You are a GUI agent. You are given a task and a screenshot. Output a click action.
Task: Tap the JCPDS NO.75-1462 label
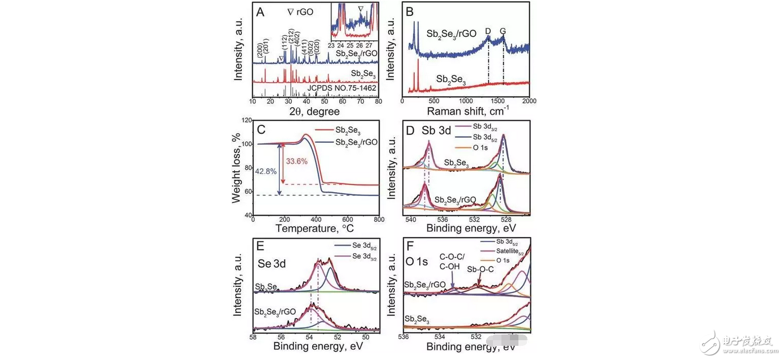[x=341, y=88]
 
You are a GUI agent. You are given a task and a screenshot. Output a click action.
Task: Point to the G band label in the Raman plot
[x=503, y=33]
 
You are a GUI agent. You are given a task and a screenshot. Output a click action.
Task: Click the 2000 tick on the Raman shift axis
[x=529, y=101]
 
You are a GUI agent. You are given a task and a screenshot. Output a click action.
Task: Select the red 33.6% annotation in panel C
[x=297, y=161]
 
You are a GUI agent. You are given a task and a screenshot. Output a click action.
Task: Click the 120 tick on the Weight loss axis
[x=245, y=120]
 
